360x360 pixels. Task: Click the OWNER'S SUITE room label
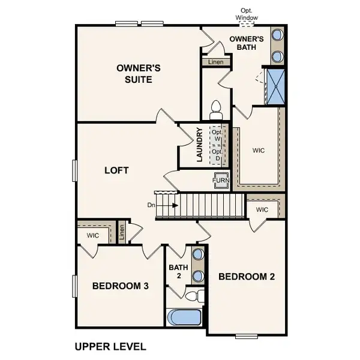point(134,74)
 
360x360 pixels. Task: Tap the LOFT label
point(117,170)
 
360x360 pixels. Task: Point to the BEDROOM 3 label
point(120,286)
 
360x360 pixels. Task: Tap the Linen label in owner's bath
point(215,62)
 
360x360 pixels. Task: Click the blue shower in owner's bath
point(276,88)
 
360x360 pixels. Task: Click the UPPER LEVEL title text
point(110,346)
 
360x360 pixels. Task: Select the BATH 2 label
point(179,271)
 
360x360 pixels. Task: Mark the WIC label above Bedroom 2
point(262,209)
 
